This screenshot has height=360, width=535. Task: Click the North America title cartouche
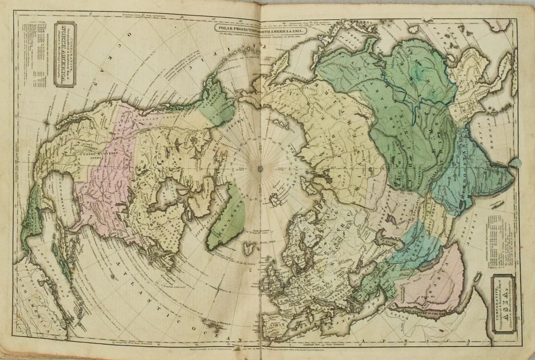tap(65, 54)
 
